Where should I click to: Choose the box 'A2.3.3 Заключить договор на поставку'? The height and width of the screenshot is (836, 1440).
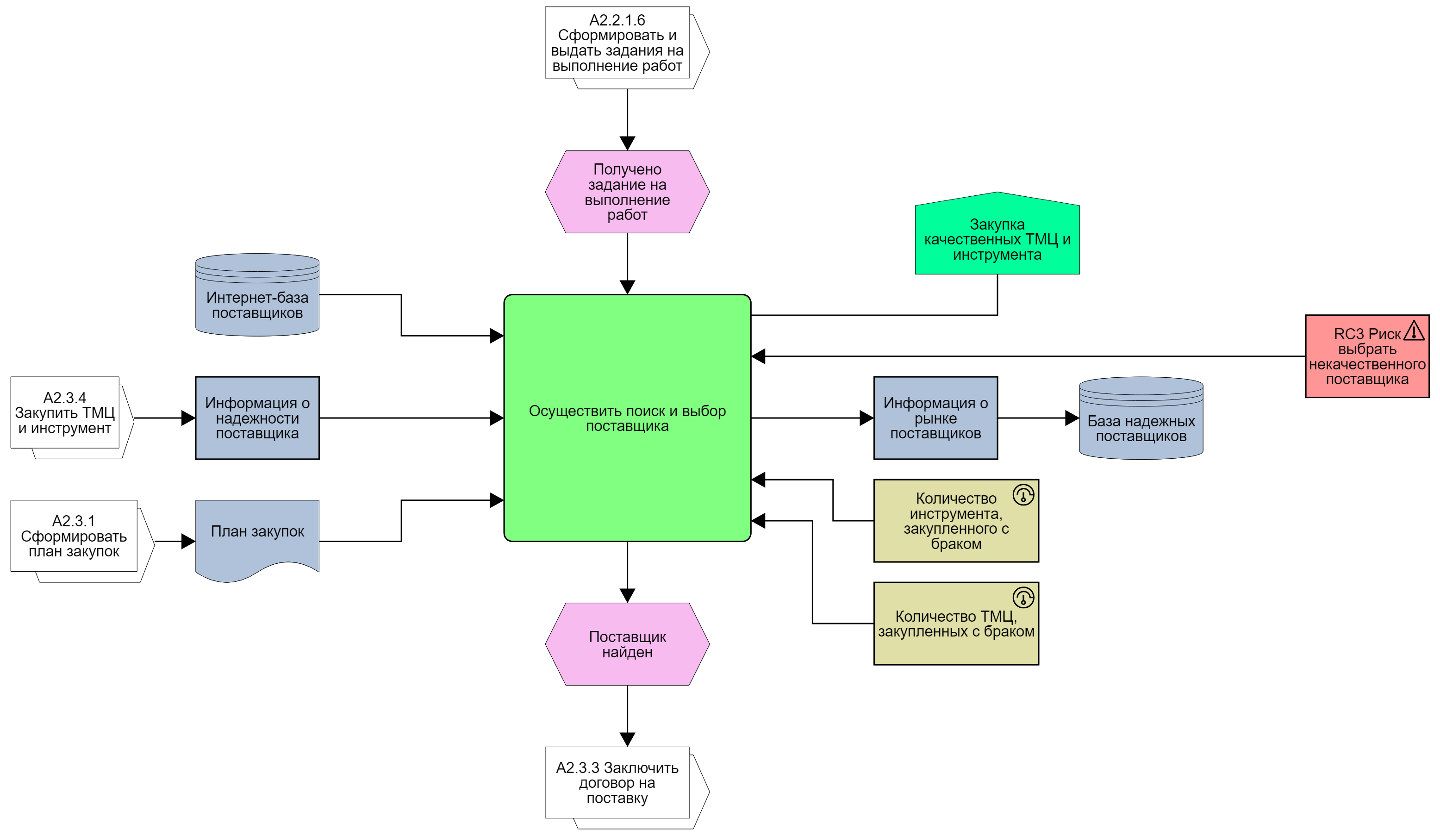coord(617,783)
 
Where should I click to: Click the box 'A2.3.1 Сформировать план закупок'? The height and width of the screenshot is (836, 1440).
coord(74,536)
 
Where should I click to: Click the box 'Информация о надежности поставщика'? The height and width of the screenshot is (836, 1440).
coord(257,418)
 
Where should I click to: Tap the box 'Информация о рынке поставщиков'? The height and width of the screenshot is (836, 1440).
coord(935,418)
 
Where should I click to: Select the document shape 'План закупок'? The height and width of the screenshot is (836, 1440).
coord(257,534)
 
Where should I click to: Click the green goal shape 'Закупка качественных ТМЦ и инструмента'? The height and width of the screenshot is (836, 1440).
coord(997,237)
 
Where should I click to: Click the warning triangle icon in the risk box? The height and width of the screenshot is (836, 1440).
coord(1414,331)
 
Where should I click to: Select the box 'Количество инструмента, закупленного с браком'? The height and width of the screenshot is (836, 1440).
coord(955,521)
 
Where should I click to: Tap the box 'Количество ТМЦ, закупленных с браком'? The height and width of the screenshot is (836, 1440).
coord(955,624)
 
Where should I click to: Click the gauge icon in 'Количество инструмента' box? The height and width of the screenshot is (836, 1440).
coord(1023,495)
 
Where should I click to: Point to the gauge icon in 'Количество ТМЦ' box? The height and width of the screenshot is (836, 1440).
coord(1023,598)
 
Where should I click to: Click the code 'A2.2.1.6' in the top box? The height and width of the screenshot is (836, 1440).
coord(617,20)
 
